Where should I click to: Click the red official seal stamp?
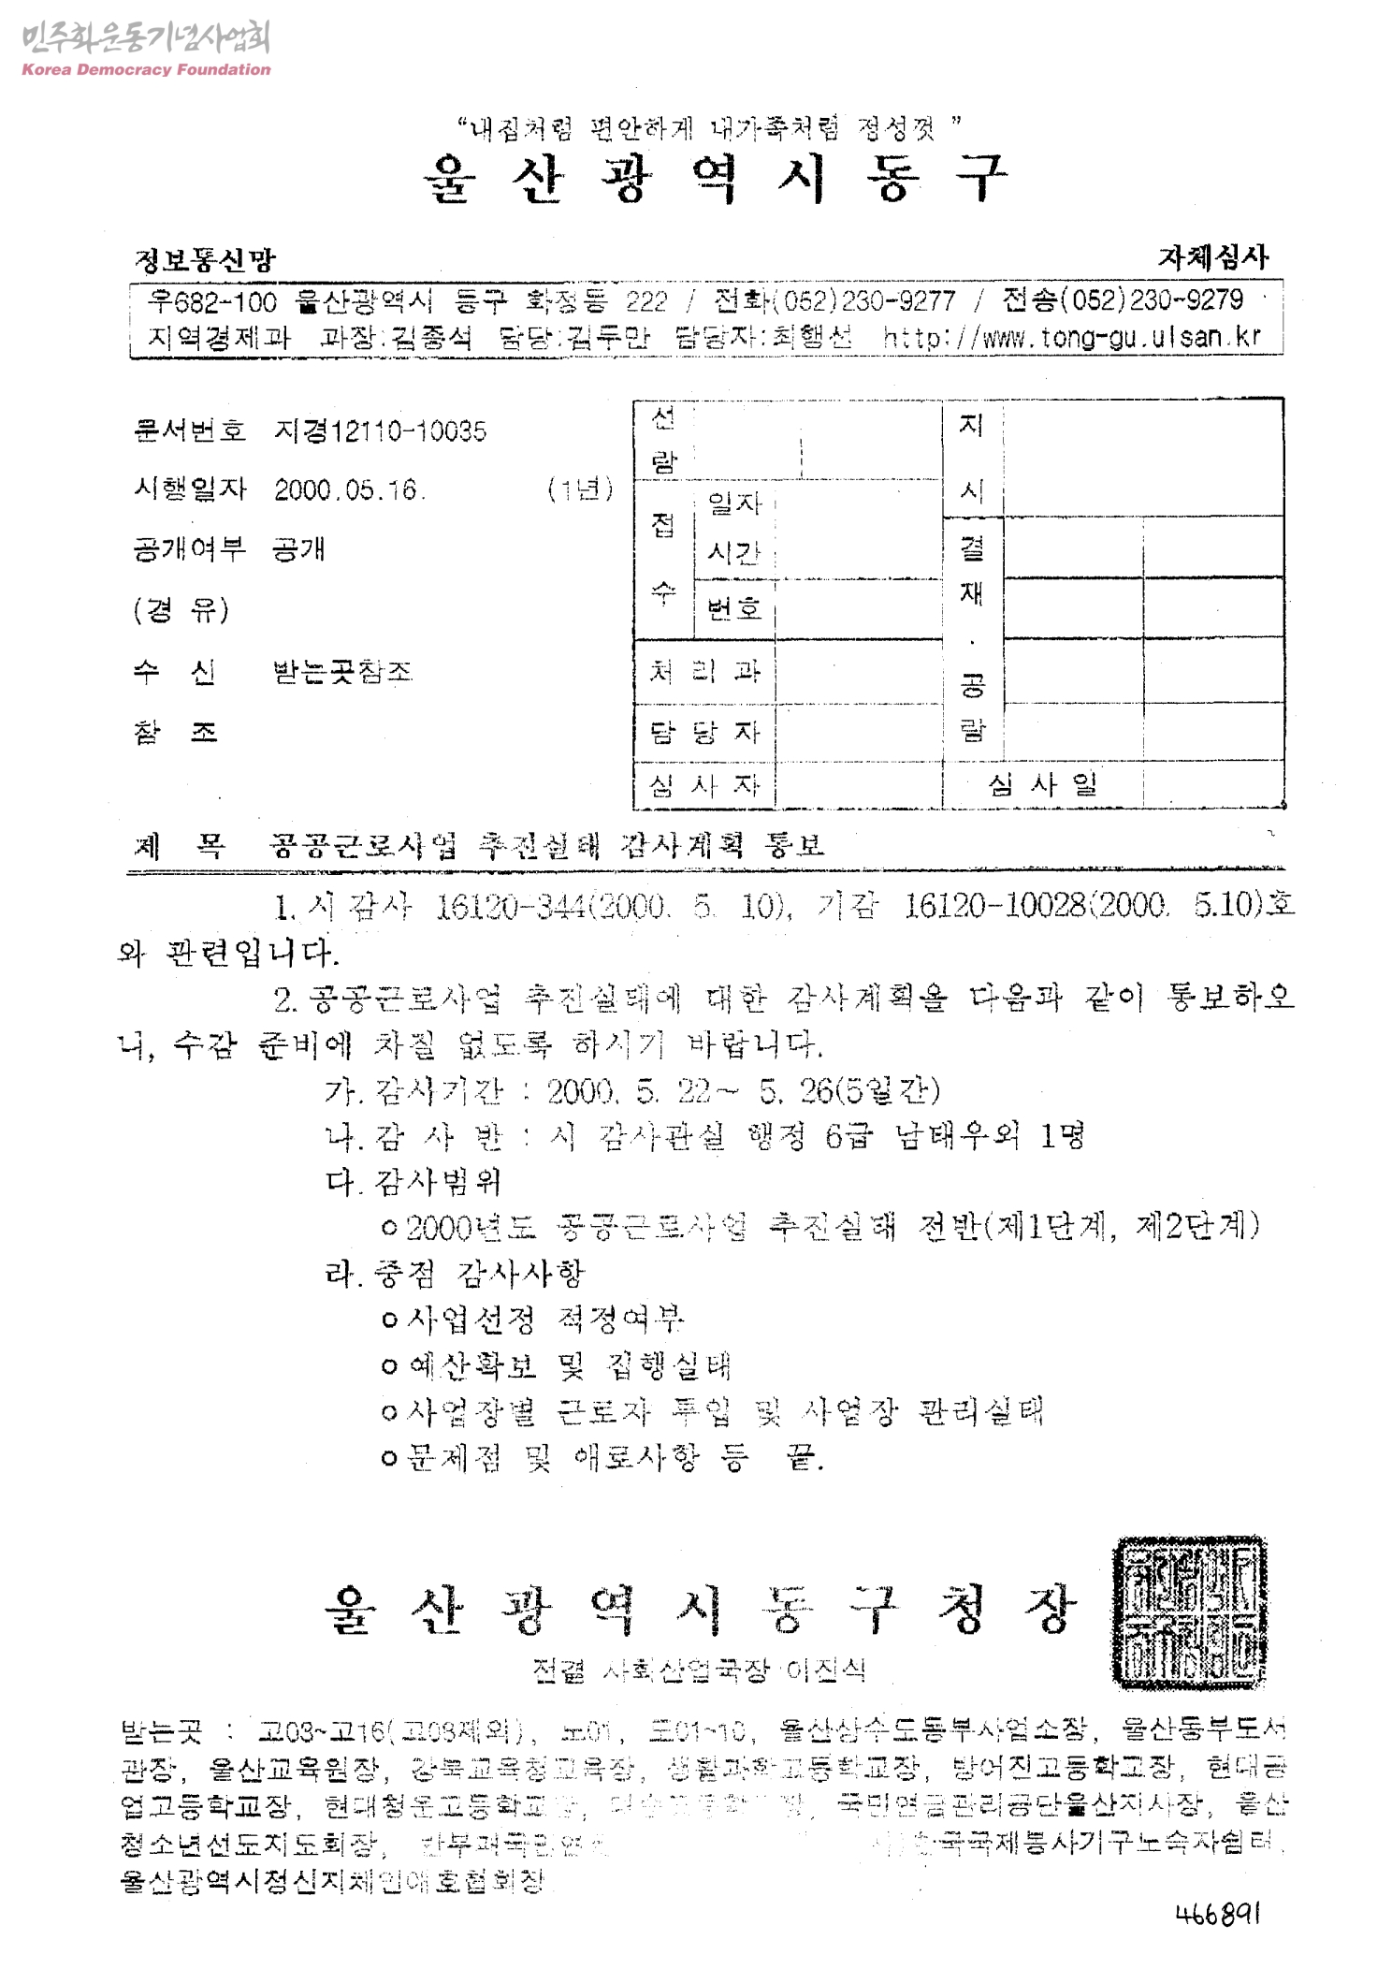1188,1611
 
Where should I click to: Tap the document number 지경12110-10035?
380,431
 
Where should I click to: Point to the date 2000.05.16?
349,490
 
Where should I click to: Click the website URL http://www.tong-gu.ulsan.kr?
1072,337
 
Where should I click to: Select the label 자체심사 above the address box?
1213,257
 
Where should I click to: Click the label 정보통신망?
205,260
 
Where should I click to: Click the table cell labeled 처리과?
704,671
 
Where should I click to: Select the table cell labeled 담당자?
704,732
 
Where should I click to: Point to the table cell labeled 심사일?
1042,784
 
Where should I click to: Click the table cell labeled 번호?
734,609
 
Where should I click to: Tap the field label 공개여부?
189,549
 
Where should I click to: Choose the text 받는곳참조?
341,672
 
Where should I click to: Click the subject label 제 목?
180,847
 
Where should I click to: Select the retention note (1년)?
580,489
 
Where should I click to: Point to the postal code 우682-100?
212,301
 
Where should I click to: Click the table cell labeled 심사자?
704,784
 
